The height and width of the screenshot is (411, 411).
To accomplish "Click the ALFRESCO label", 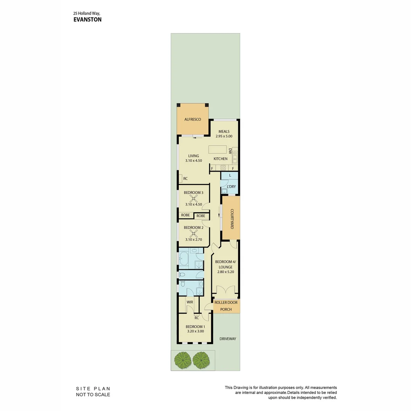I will pos(193,119).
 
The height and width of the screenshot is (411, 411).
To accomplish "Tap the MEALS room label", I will pos(224,132).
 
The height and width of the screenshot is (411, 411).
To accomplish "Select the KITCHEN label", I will pos(220,159).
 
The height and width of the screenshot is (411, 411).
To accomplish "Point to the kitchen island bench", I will pos(218,149).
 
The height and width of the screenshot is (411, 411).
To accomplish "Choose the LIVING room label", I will pos(194,156).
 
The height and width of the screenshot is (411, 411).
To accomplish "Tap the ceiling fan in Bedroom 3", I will pos(194,198).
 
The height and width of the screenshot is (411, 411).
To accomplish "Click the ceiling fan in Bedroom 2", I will pos(194,233).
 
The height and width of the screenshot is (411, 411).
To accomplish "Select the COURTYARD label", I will pos(231,218).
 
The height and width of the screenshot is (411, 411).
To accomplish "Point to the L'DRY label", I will pos(231,187).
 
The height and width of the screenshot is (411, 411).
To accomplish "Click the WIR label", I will pos(190,302).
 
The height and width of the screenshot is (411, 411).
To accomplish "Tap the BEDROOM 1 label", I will pos(195,327).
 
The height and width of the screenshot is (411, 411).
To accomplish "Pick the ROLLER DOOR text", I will pos(226,303).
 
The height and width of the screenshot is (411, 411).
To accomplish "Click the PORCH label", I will pos(226,309).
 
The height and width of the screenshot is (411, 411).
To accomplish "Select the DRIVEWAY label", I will pos(228,339).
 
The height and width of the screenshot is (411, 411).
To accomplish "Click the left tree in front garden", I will pos(182,360).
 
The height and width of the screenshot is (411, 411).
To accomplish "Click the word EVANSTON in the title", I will pos(88,19).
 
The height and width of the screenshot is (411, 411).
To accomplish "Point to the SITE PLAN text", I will pos(93,389).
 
